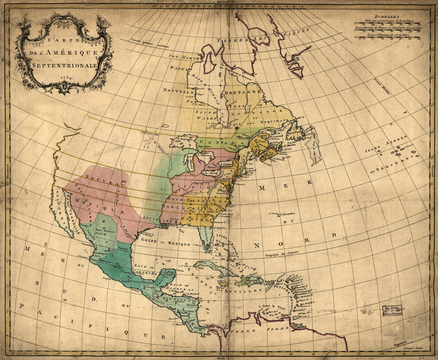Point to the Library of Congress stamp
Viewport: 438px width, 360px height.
(392, 310)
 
